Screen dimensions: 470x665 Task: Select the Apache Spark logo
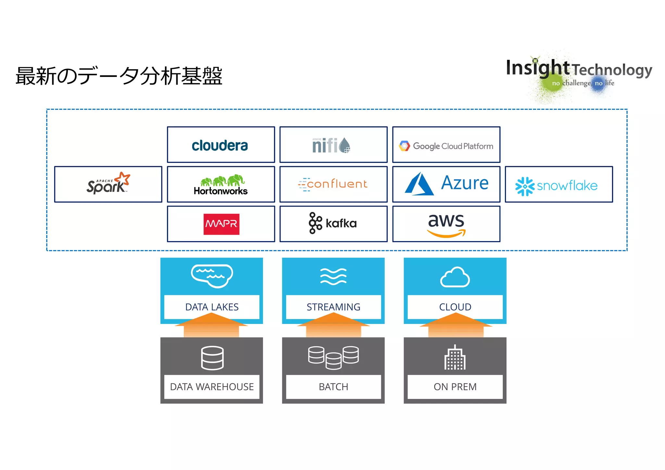[108, 184]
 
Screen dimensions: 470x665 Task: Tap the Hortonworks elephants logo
[221, 185]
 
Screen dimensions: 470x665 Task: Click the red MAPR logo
[221, 224]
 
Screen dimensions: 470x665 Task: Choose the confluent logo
[333, 184]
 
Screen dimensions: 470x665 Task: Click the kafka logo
[333, 223]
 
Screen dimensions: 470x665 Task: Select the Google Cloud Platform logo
[446, 146]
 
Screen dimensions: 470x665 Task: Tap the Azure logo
[446, 184]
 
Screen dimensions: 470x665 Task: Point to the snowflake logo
[557, 186]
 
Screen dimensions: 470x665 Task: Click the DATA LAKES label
[212, 307]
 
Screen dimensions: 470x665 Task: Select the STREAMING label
[333, 307]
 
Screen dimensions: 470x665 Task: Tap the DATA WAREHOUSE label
[212, 387]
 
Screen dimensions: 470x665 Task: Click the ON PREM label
[455, 387]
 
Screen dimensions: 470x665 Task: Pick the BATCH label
[333, 387]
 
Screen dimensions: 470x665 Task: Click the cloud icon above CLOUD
[455, 277]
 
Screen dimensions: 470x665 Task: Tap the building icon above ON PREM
[455, 358]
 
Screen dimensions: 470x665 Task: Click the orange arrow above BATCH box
[333, 326]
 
